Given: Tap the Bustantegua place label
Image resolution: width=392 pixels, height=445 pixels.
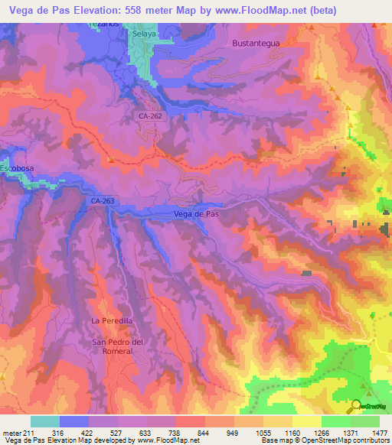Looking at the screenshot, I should click(256, 44).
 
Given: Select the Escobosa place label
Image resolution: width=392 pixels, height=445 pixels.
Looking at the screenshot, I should click(17, 167).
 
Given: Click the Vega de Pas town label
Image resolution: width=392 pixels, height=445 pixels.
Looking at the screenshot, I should click(197, 214).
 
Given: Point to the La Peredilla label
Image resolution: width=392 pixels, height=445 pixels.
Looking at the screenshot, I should click(112, 320).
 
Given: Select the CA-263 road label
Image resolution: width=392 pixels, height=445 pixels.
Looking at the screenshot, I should click(102, 200).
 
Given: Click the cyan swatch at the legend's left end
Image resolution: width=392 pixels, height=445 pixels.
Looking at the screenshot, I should click(45, 421).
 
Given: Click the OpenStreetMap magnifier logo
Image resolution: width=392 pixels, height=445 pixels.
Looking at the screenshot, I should click(357, 405).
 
